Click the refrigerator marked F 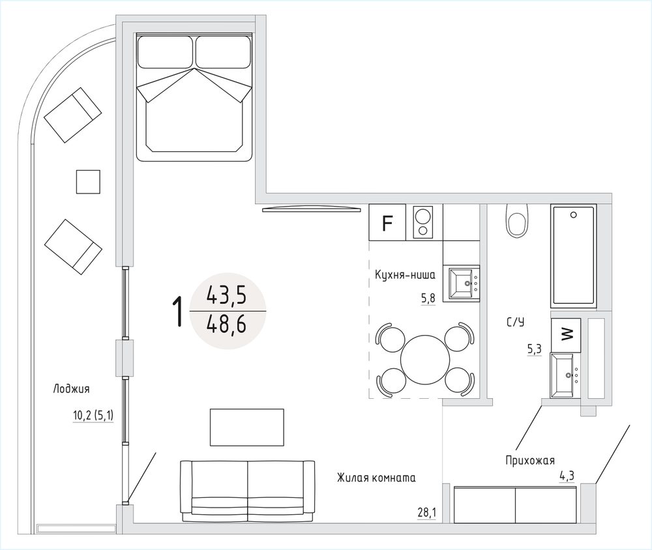[x=387, y=222]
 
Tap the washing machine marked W [x=565, y=335]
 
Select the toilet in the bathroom [x=518, y=220]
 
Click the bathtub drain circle [x=574, y=215]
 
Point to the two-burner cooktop [x=423, y=222]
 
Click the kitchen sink [x=462, y=283]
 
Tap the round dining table [x=425, y=360]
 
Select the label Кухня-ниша [x=405, y=275]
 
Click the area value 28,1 [x=427, y=513]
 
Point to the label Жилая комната [x=376, y=478]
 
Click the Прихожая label [x=530, y=461]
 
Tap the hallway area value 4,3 [x=567, y=476]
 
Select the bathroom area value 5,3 [x=535, y=349]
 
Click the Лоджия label [x=71, y=389]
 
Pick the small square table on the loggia [x=88, y=182]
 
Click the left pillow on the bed [x=165, y=52]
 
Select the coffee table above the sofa [x=247, y=427]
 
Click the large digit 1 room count [x=177, y=311]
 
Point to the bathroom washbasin [x=562, y=375]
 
